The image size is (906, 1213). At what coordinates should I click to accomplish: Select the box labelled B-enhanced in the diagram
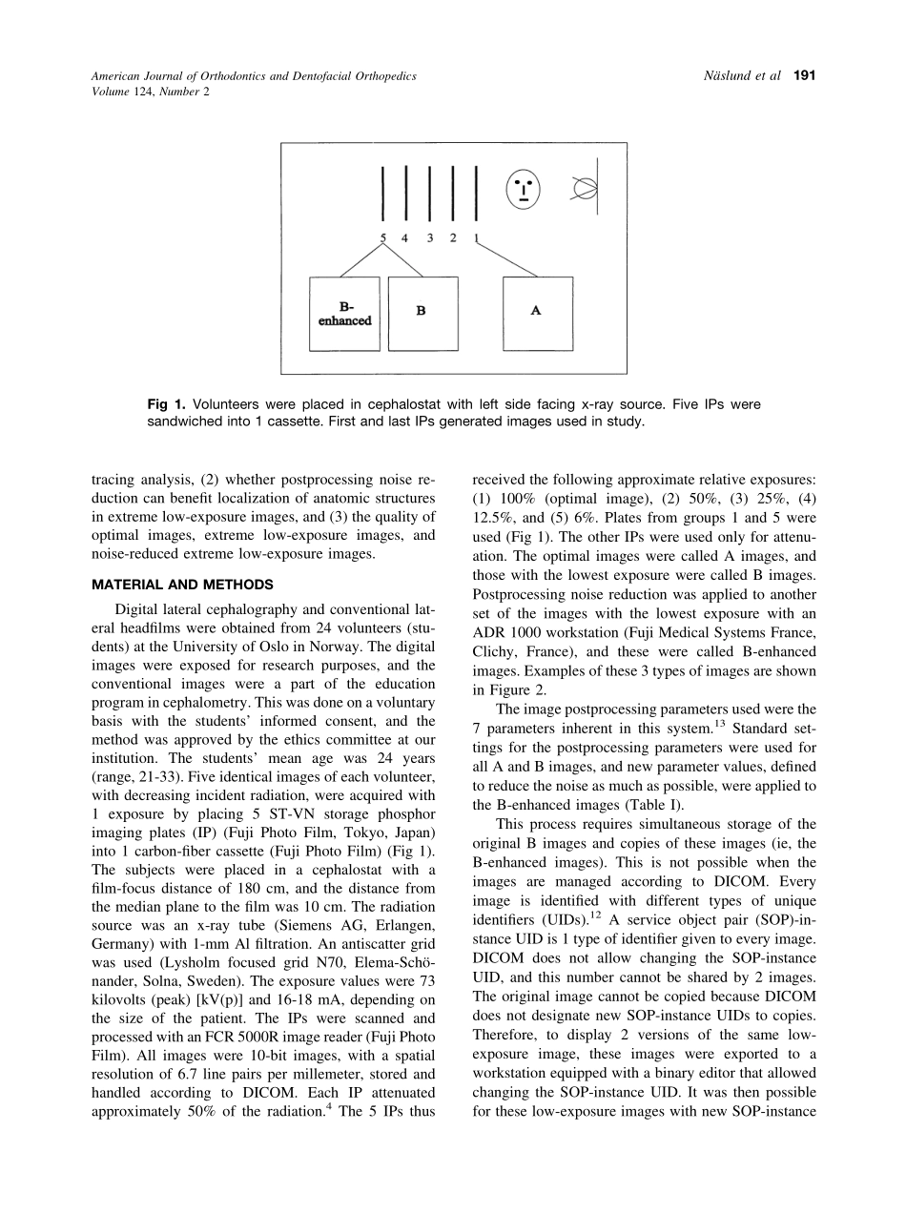click(344, 314)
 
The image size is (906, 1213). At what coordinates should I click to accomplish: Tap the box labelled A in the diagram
click(538, 314)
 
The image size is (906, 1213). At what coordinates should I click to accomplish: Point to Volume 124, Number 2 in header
click(150, 92)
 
